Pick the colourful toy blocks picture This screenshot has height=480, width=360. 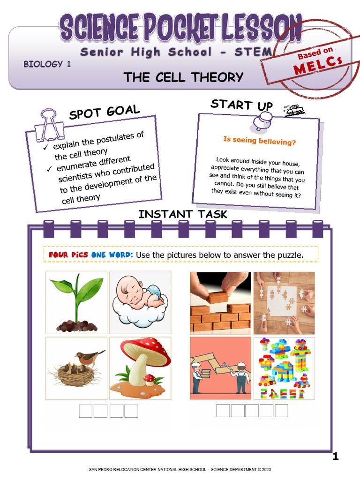pos(284,368)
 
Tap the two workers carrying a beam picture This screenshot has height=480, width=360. pos(220,368)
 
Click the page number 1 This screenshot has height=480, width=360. pos(335,457)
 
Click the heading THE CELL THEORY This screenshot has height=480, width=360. pos(183,77)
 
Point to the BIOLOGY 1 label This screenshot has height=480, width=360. pos(47,64)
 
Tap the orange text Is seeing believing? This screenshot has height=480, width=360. pos(259,141)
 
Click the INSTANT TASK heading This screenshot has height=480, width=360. pos(183,214)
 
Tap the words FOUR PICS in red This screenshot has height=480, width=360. pos(68,255)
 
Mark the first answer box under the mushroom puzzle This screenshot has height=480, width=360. pos(85,411)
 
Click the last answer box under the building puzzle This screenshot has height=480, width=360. pos(281,411)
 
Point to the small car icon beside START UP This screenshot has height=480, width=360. pos(294,111)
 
